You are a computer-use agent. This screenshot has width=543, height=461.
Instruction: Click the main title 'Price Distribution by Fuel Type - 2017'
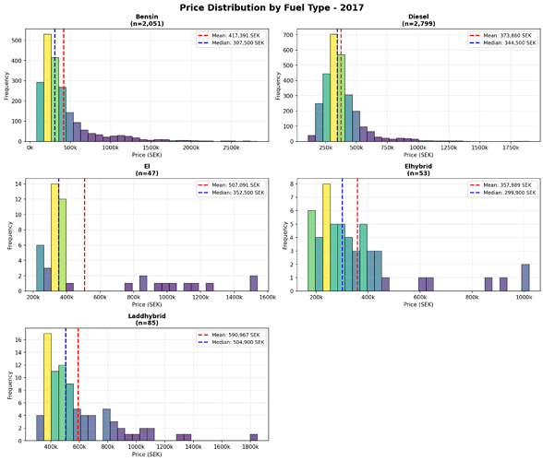[x=271, y=7]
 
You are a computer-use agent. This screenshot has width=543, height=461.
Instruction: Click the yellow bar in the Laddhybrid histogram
[x=47, y=387]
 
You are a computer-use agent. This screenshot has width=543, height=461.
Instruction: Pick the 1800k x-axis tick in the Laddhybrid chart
[x=250, y=447]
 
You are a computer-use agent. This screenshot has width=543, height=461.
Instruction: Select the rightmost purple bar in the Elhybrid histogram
[x=525, y=278]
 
